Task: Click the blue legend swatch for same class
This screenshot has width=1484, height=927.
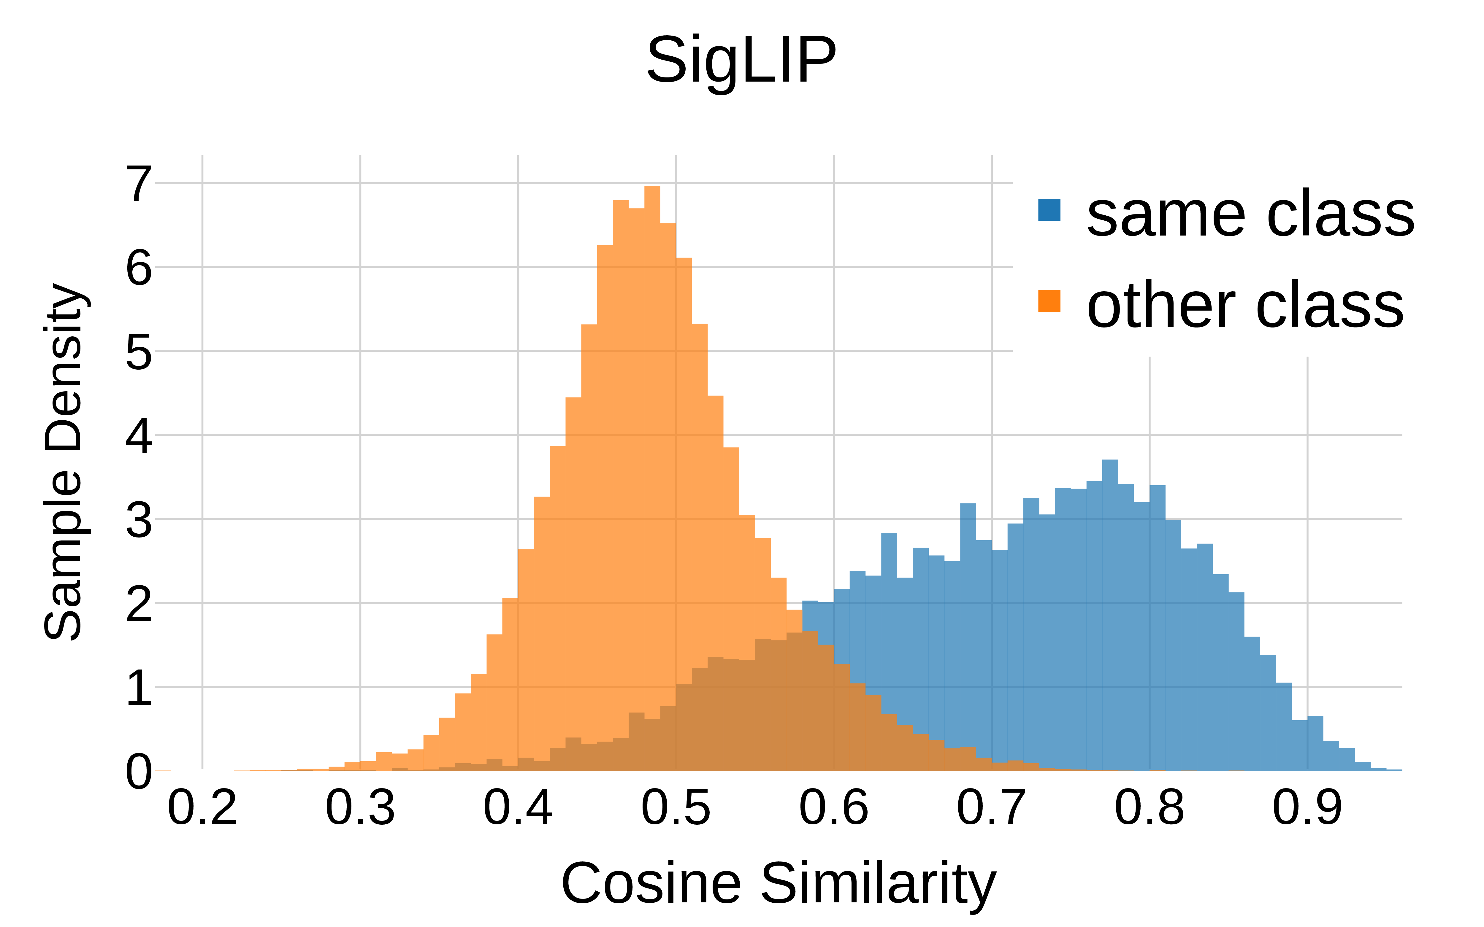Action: [x=1049, y=210]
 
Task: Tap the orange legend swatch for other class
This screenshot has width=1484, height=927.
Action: [x=1049, y=301]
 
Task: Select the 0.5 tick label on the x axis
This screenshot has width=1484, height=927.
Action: [x=676, y=808]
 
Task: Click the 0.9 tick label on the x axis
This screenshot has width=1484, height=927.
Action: [x=1307, y=808]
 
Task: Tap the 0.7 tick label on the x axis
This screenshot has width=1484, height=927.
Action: [x=991, y=808]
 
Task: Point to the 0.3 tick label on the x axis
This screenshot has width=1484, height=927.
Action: [x=360, y=808]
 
